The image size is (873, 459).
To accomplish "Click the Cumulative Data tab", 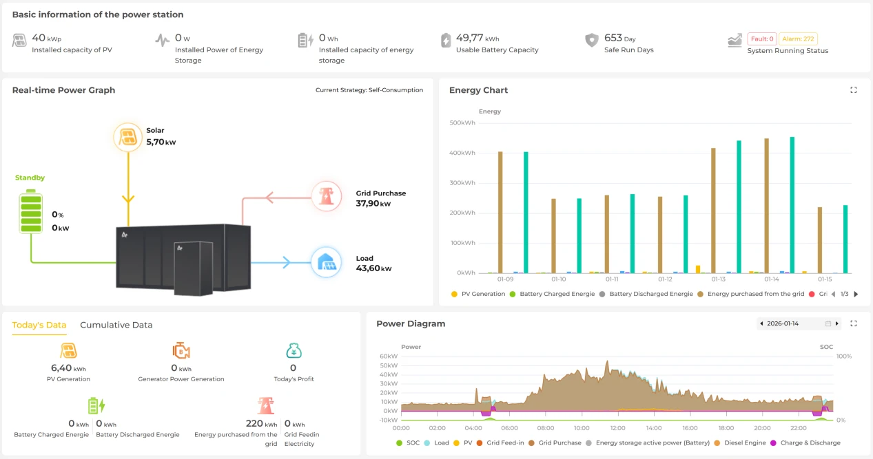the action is [x=116, y=325].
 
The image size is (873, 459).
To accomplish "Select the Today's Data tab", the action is [x=39, y=325].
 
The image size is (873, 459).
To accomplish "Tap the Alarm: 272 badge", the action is [x=798, y=39].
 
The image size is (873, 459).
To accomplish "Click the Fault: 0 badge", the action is [x=762, y=39].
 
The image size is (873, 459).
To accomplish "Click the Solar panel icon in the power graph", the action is [x=128, y=137].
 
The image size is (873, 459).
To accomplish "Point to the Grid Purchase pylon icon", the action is [x=326, y=196].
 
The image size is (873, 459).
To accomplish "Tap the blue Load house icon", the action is [x=326, y=262].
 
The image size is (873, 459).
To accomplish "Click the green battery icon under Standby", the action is [x=31, y=211].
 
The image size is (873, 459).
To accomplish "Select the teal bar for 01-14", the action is [x=792, y=205].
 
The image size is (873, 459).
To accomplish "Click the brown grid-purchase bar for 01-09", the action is [x=500, y=213].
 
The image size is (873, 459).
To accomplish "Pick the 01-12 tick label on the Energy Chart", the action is [x=665, y=279].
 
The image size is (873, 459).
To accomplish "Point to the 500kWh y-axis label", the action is [x=462, y=122].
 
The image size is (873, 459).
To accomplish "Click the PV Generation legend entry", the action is [x=478, y=294].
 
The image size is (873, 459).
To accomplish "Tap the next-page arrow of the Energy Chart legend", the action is [x=856, y=294].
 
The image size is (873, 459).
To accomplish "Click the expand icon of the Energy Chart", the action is [x=854, y=90].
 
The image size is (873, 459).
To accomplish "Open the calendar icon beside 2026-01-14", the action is [x=828, y=323].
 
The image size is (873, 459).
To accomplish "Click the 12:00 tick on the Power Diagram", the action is [x=618, y=428].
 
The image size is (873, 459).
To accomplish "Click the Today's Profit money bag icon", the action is [x=294, y=350].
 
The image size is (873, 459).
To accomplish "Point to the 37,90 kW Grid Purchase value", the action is [x=373, y=203].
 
